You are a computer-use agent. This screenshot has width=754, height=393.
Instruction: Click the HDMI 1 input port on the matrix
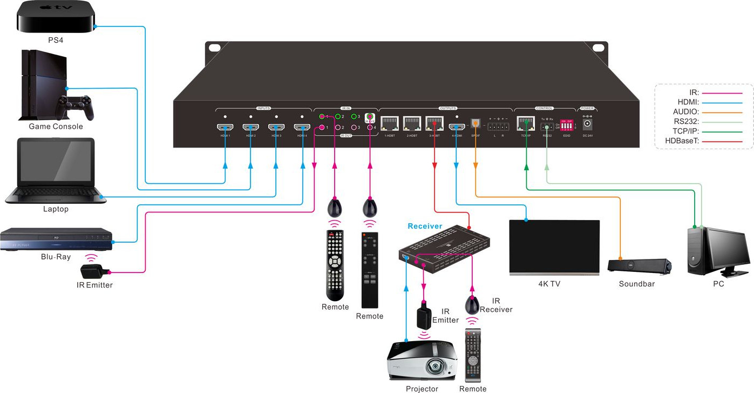pyautogui.click(x=225, y=128)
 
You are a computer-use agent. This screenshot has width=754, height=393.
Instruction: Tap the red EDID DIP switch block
pyautogui.click(x=566, y=125)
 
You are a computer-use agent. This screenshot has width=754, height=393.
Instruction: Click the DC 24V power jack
pyautogui.click(x=587, y=124)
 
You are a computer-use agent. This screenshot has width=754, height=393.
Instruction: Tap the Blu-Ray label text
pyautogui.click(x=56, y=257)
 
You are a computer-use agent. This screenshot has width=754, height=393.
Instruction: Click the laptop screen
pyautogui.click(x=56, y=161)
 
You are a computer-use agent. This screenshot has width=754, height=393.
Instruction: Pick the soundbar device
pyautogui.click(x=639, y=266)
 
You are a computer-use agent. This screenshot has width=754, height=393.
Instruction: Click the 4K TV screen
pyautogui.click(x=554, y=246)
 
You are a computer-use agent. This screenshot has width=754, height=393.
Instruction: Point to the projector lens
pyautogui.click(x=435, y=367)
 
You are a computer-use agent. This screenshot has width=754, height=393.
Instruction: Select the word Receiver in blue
pyautogui.click(x=425, y=226)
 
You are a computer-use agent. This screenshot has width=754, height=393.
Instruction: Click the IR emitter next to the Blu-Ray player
pyautogui.click(x=95, y=270)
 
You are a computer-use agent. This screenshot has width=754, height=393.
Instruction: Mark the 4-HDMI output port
pyautogui.click(x=457, y=128)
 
